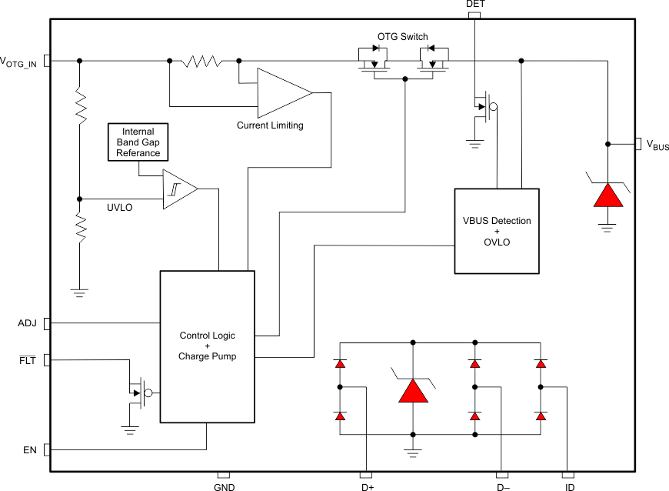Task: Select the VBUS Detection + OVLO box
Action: click(496, 231)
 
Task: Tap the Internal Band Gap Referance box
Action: click(138, 142)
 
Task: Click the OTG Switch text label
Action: click(402, 37)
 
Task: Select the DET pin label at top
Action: click(475, 5)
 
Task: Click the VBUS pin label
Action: click(656, 145)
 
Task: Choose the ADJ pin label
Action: click(27, 322)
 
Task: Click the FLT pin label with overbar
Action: click(28, 359)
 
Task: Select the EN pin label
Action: click(30, 449)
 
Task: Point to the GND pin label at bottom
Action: click(224, 486)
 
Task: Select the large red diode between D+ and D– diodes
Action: click(414, 390)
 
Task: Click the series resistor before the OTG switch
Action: click(201, 61)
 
